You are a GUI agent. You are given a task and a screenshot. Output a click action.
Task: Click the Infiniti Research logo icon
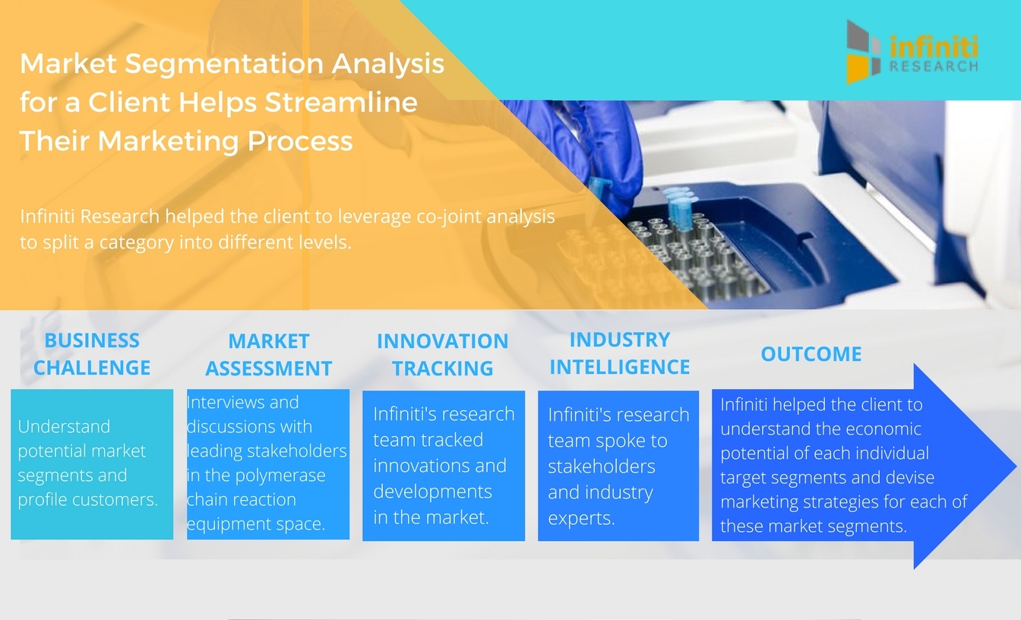(x=865, y=51)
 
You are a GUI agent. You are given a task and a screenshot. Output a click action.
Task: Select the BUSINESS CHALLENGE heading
(x=91, y=354)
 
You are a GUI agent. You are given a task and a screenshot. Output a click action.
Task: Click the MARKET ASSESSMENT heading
(x=268, y=355)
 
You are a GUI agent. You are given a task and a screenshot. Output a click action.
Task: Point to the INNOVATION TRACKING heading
(x=442, y=355)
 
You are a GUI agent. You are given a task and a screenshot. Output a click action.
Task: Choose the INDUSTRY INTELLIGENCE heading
(x=619, y=353)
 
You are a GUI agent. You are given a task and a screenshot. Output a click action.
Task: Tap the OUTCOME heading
(x=811, y=354)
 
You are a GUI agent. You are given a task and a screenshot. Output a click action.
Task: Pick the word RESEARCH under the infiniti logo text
(x=933, y=67)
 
